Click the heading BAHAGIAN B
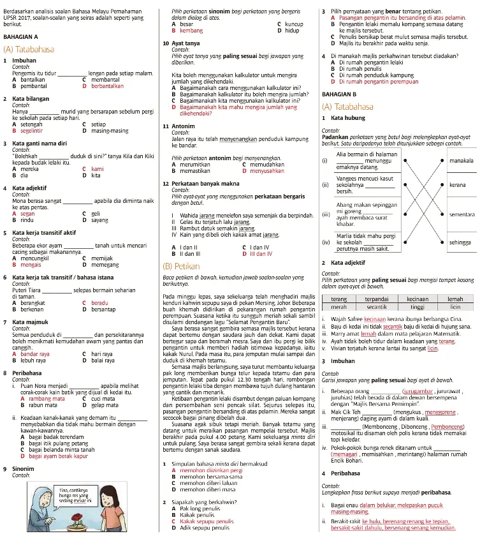(339, 94)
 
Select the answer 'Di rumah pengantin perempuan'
(379, 82)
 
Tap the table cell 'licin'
(455, 307)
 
